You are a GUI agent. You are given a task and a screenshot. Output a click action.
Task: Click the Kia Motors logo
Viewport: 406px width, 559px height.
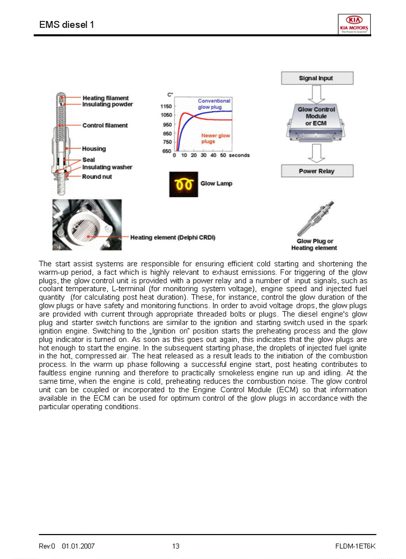pyautogui.click(x=354, y=23)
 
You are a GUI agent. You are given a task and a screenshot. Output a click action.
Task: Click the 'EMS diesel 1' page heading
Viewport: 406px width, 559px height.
pyautogui.click(x=66, y=24)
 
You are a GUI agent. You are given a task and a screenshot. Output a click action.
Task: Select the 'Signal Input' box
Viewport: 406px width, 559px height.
pyautogui.click(x=317, y=78)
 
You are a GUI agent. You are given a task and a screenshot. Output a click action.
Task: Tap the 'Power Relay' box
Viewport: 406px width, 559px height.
pyautogui.click(x=317, y=171)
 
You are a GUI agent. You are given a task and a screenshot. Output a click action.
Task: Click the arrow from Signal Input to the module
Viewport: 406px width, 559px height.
pyautogui.click(x=316, y=93)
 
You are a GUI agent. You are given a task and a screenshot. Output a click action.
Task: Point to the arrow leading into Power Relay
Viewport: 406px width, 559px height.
pyautogui.click(x=316, y=153)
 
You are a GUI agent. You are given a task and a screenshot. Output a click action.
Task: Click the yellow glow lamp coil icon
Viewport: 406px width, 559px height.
pyautogui.click(x=184, y=184)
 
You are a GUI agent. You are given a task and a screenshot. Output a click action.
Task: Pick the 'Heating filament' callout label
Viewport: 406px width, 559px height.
pyautogui.click(x=105, y=98)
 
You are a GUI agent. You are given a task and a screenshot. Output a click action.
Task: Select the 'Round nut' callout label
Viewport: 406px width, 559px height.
pyautogui.click(x=97, y=177)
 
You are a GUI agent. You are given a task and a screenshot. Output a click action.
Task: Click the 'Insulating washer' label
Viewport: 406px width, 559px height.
pyautogui.click(x=107, y=167)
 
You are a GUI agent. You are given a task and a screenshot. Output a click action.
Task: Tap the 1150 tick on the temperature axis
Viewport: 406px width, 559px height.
pyautogui.click(x=166, y=107)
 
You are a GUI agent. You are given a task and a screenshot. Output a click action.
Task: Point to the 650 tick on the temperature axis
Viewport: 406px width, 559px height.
pyautogui.click(x=167, y=151)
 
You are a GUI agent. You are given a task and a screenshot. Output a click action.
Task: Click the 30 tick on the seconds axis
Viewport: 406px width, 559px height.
pyautogui.click(x=203, y=155)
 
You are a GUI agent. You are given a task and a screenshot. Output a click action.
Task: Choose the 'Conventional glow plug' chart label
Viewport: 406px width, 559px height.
pyautogui.click(x=214, y=104)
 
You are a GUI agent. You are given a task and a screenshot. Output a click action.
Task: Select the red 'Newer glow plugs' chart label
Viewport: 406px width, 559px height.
pyautogui.click(x=215, y=138)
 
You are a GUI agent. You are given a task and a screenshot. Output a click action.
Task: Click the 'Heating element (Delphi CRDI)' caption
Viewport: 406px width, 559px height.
pyautogui.click(x=173, y=237)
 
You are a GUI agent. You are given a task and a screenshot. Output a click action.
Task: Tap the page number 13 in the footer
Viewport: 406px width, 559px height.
pyautogui.click(x=176, y=546)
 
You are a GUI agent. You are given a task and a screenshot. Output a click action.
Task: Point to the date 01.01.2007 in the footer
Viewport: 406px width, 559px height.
pyautogui.click(x=78, y=546)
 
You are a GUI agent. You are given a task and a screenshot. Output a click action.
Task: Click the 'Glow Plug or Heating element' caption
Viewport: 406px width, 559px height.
pyautogui.click(x=314, y=244)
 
